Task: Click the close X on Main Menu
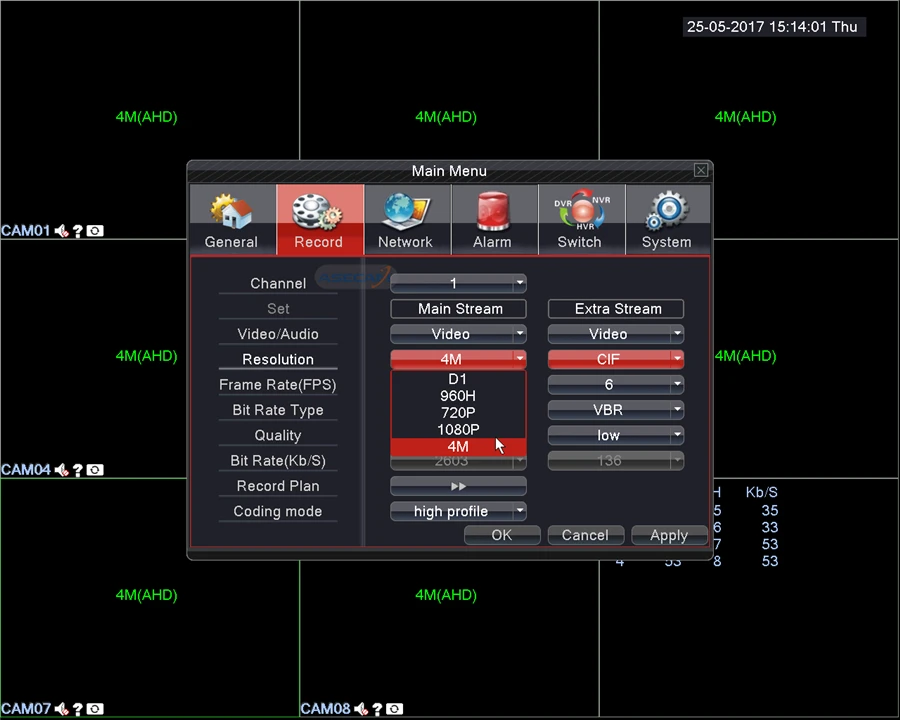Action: [x=701, y=171]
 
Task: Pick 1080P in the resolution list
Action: [x=458, y=430]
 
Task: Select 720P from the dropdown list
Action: [x=458, y=413]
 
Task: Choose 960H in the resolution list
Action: [x=458, y=396]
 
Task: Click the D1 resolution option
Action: [x=458, y=379]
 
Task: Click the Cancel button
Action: [x=585, y=535]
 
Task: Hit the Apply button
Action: [x=669, y=535]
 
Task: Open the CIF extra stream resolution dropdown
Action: [x=616, y=359]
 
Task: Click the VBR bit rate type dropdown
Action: [x=616, y=410]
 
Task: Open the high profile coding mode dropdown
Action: [x=458, y=511]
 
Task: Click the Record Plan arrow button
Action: [x=458, y=486]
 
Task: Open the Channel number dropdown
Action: [x=458, y=283]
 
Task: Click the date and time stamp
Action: [x=772, y=27]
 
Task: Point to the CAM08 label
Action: [x=325, y=709]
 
